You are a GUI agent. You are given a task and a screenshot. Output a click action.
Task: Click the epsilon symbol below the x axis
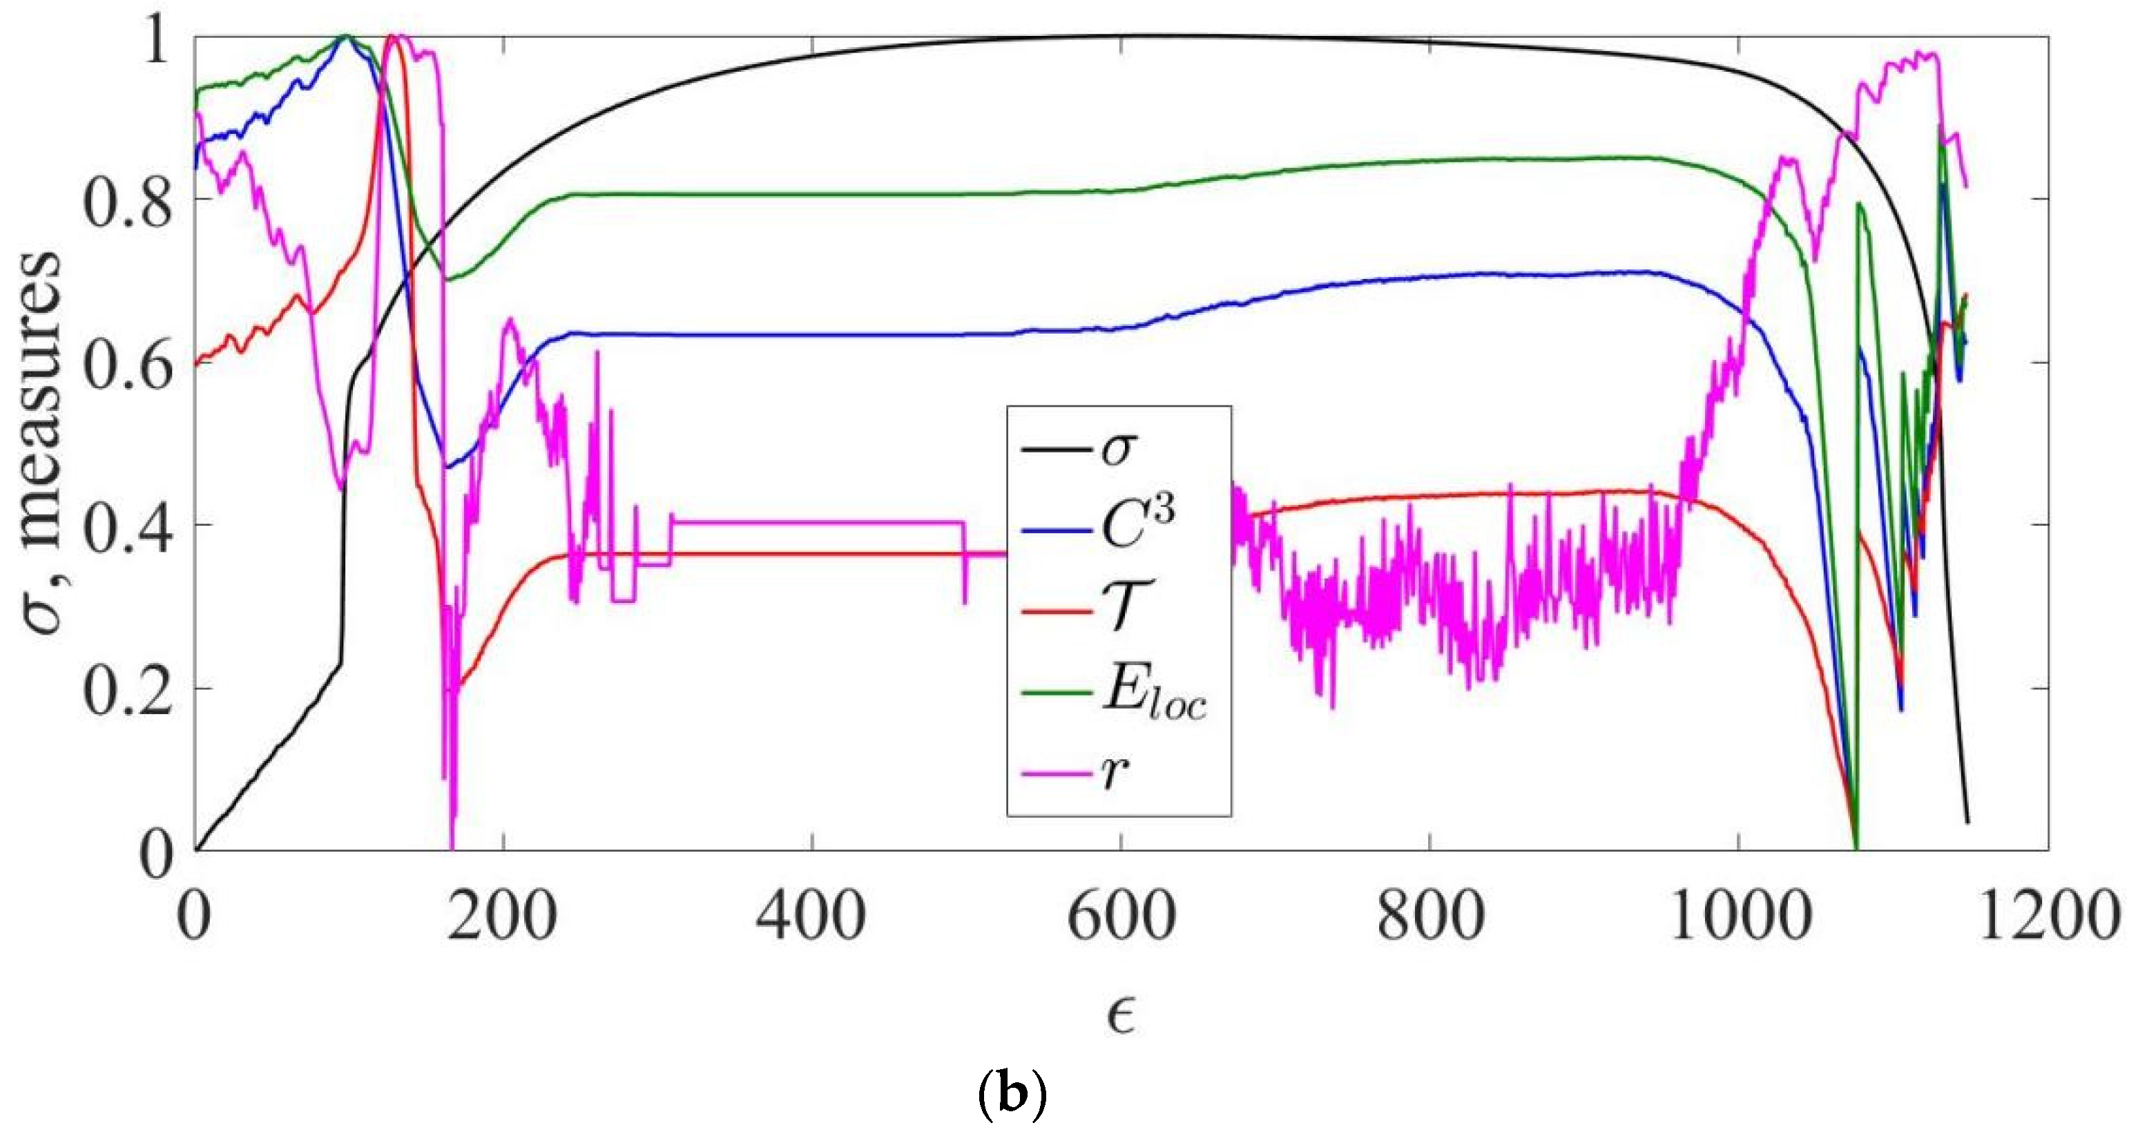coord(1121,1017)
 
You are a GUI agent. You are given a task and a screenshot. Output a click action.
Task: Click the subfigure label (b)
coord(1014,1096)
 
